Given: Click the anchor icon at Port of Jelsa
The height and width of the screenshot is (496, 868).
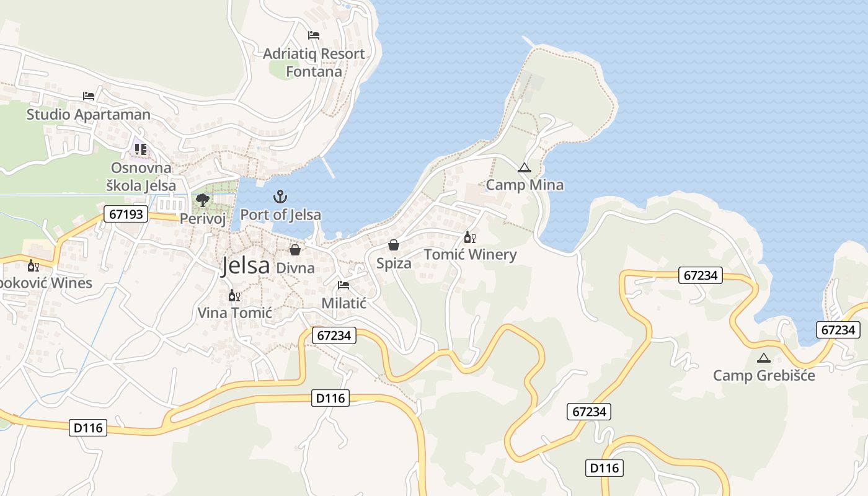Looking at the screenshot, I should coord(280,197).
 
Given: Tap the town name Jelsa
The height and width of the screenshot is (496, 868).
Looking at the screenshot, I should coord(246,266).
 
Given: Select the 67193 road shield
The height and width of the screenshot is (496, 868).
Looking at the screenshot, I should coord(126,215).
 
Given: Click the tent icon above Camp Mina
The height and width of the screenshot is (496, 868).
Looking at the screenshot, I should coord(525,167).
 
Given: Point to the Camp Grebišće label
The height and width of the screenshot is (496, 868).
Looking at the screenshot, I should coord(764,375).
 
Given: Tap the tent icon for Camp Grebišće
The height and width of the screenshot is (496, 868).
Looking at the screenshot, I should coord(764,358).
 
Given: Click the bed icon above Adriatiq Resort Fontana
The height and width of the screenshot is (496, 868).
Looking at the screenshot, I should coord(314,35).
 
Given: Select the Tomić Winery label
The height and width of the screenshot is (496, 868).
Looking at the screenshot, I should coord(470,255).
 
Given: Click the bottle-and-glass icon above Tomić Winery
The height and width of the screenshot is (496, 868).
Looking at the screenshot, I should coord(469,237).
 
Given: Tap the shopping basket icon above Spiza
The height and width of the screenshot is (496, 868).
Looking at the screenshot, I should coord(393,246).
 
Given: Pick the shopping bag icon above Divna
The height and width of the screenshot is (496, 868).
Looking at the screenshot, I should coord(295,250).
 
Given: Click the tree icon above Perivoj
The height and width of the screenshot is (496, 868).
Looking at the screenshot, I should coord(202,200).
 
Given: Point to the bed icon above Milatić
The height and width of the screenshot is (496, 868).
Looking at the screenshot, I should coord(343,285).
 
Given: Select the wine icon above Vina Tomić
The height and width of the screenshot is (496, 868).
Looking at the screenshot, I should coord(234,295).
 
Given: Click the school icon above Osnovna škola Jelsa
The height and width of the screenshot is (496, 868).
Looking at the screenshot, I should coord(141,149).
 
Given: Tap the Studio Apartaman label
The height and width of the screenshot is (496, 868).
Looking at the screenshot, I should coord(88,115).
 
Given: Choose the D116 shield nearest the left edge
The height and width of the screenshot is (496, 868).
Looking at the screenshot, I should coord(89,427).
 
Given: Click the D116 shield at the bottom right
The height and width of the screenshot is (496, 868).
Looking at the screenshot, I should coord(604,467).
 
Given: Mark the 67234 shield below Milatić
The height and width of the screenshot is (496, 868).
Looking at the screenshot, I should coord(334,335).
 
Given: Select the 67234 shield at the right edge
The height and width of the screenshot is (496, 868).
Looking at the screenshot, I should coord(838,330).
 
